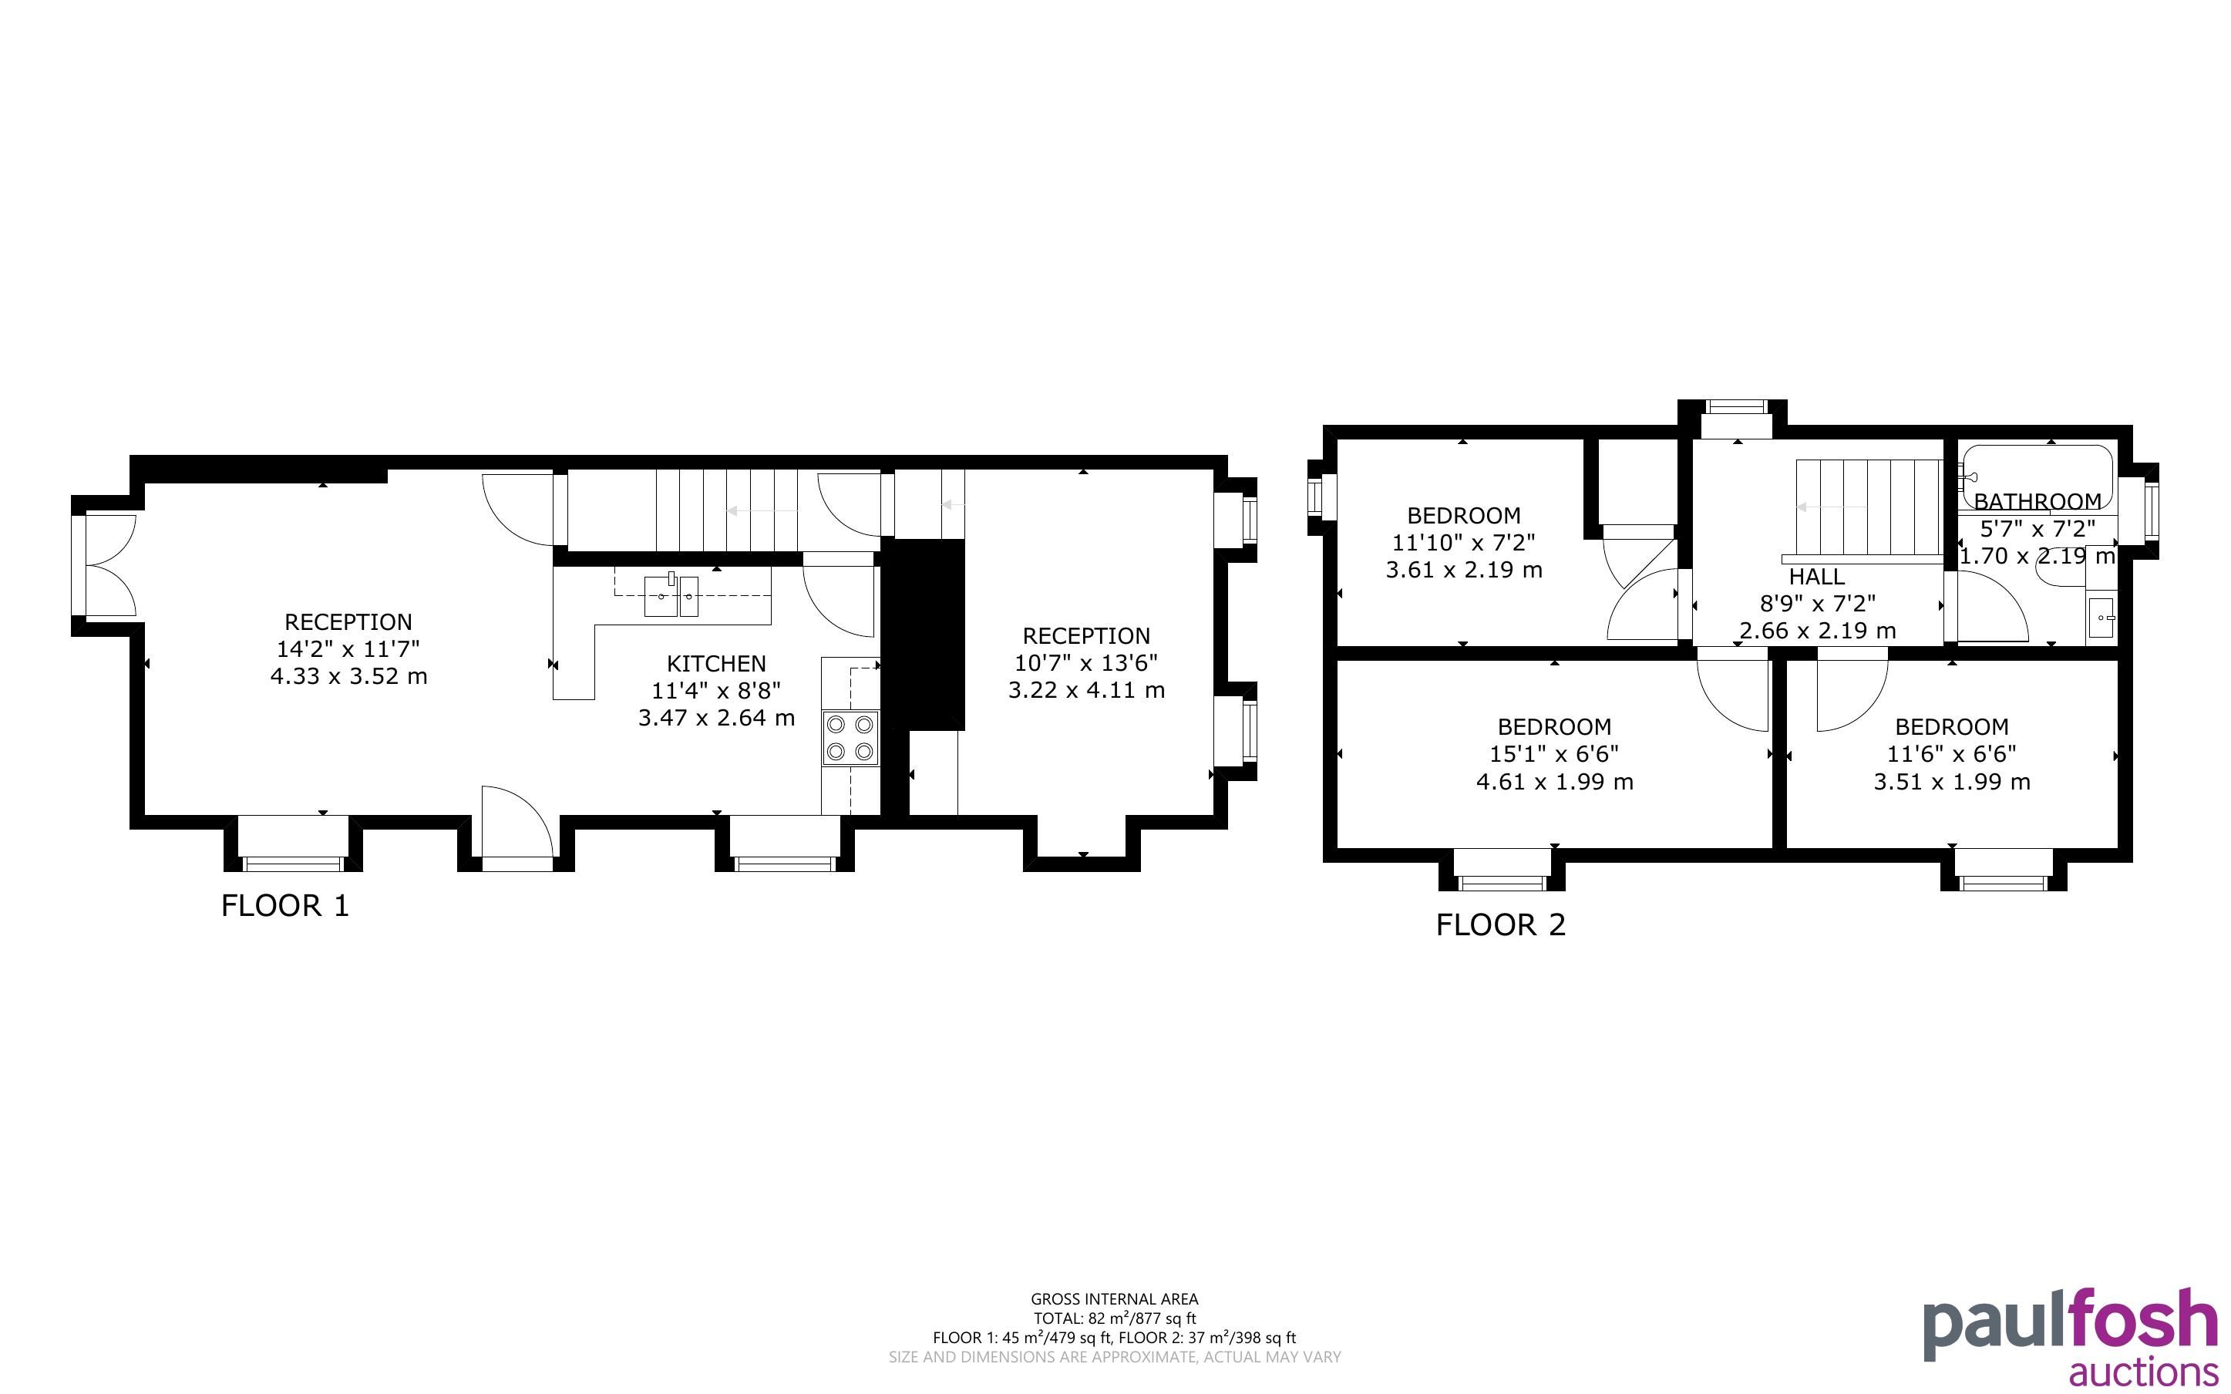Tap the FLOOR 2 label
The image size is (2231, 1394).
(x=1500, y=924)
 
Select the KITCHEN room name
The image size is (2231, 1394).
(x=716, y=664)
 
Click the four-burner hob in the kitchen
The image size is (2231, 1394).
(x=850, y=738)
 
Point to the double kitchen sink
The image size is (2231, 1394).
(x=671, y=594)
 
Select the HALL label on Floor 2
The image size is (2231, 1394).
(x=1816, y=577)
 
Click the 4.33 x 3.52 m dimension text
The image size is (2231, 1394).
(x=348, y=675)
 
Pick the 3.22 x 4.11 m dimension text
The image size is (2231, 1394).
(x=1086, y=689)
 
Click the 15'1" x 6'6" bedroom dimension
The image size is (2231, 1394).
(x=1555, y=754)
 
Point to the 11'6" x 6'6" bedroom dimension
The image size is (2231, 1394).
(x=1952, y=754)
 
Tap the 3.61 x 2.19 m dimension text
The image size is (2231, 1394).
(x=1463, y=570)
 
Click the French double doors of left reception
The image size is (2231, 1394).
(x=110, y=565)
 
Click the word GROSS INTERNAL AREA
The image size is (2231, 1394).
(x=1114, y=1299)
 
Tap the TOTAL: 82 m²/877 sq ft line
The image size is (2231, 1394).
(x=1114, y=1318)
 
